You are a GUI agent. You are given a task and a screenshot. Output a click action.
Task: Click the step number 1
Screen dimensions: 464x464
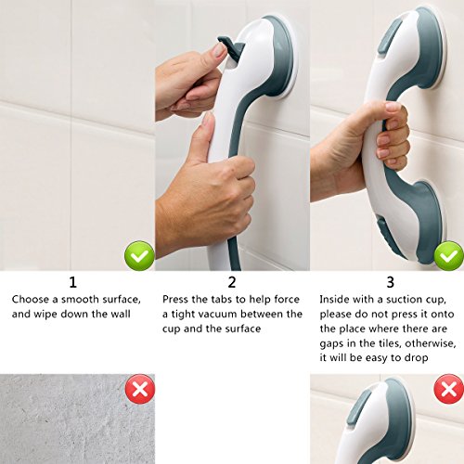(72, 282)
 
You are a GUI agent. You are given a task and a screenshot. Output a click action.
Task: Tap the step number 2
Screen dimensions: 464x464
(232, 282)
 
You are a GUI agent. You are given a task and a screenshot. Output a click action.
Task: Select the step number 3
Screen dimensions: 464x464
(391, 282)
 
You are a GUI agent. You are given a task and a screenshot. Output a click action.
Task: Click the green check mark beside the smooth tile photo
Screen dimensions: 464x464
(139, 256)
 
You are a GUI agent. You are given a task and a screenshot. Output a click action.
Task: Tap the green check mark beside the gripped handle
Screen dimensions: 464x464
(449, 256)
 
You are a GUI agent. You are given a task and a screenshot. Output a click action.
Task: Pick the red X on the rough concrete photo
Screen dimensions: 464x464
(140, 389)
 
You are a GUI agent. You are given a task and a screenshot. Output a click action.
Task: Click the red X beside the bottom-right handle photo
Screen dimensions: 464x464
(449, 389)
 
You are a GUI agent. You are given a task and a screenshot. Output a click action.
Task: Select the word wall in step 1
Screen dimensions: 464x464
(120, 314)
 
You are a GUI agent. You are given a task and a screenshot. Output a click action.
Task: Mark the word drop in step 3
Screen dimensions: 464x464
(417, 358)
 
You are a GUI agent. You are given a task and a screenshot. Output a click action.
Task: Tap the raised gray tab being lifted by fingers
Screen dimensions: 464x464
(230, 47)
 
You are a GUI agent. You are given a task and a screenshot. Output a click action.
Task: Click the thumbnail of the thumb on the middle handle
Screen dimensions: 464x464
(208, 120)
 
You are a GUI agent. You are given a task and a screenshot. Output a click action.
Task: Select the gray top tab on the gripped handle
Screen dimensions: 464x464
(390, 35)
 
